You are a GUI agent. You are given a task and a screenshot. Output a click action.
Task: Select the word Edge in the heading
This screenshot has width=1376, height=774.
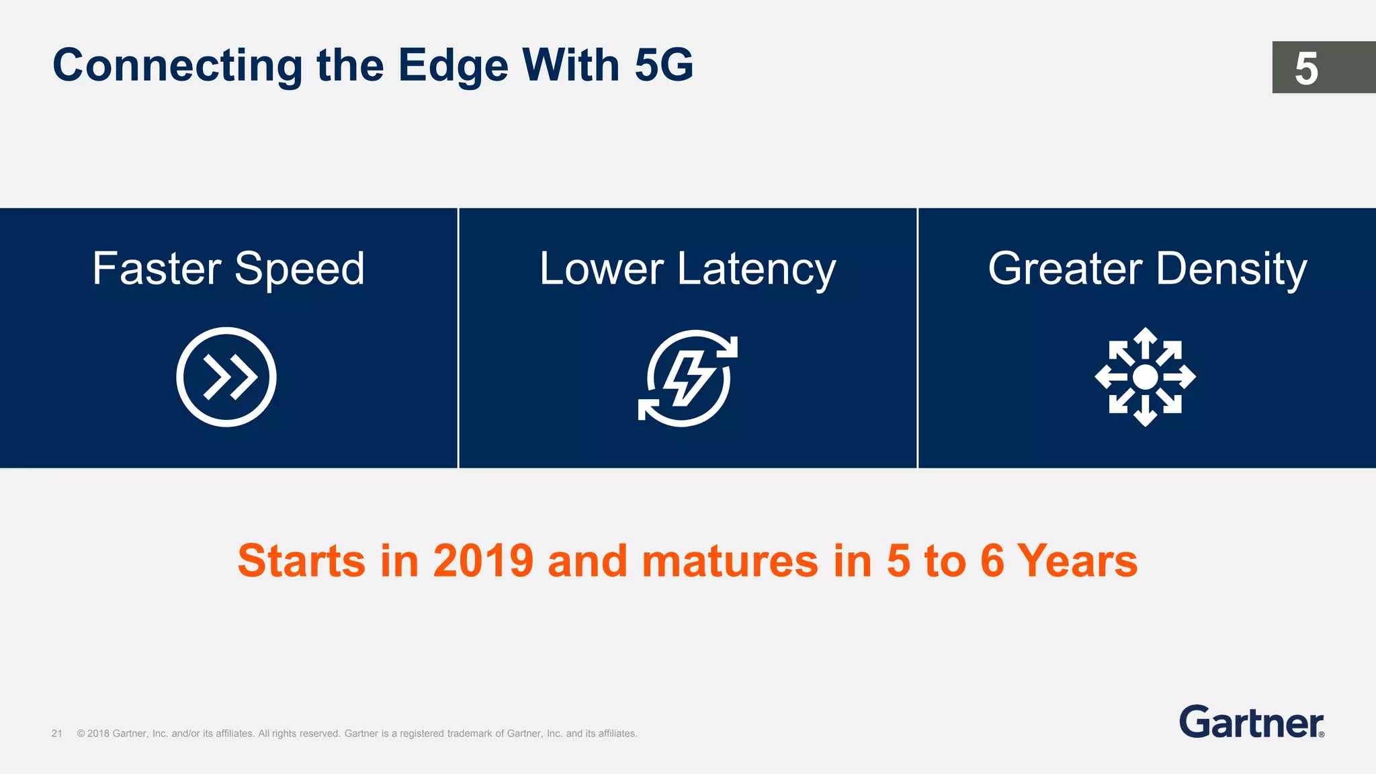pos(453,66)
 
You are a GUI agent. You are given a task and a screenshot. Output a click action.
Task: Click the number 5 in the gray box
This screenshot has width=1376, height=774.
pos(1306,68)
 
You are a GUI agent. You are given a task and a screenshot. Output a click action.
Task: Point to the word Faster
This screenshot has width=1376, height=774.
pos(157,269)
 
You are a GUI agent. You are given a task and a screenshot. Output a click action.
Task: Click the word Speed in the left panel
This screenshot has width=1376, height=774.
pos(299,269)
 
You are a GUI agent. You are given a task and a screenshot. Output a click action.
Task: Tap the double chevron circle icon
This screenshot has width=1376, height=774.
pos(226,377)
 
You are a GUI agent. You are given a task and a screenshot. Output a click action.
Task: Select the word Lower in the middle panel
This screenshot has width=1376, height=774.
pos(601,269)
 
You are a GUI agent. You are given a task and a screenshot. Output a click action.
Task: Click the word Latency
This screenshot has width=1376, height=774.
pos(757,269)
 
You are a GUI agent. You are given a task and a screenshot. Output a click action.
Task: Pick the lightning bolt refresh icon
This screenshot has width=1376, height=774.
pos(687,378)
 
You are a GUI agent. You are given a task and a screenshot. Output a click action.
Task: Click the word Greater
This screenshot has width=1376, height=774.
pos(1065,269)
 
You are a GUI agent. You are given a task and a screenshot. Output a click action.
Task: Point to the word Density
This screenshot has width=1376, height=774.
pos(1232,269)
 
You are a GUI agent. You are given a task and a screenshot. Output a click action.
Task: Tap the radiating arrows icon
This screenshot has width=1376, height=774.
pos(1145,377)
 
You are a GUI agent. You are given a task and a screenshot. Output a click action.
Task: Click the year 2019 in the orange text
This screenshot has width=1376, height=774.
pos(483,560)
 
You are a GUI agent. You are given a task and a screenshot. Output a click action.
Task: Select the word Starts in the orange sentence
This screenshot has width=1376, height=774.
pos(301,560)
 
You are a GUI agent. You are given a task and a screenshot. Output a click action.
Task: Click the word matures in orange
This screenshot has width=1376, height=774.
pos(730,560)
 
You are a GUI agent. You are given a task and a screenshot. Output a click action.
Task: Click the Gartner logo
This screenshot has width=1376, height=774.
pos(1251,722)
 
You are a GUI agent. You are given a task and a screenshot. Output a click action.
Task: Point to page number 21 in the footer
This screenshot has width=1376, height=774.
pos(57,734)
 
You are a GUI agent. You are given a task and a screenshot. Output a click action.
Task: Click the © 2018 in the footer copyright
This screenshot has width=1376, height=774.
pos(93,734)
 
